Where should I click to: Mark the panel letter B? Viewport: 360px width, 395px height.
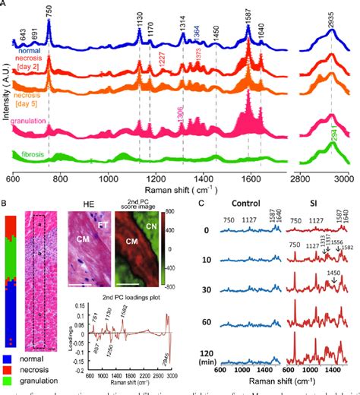(x=5, y=202)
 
